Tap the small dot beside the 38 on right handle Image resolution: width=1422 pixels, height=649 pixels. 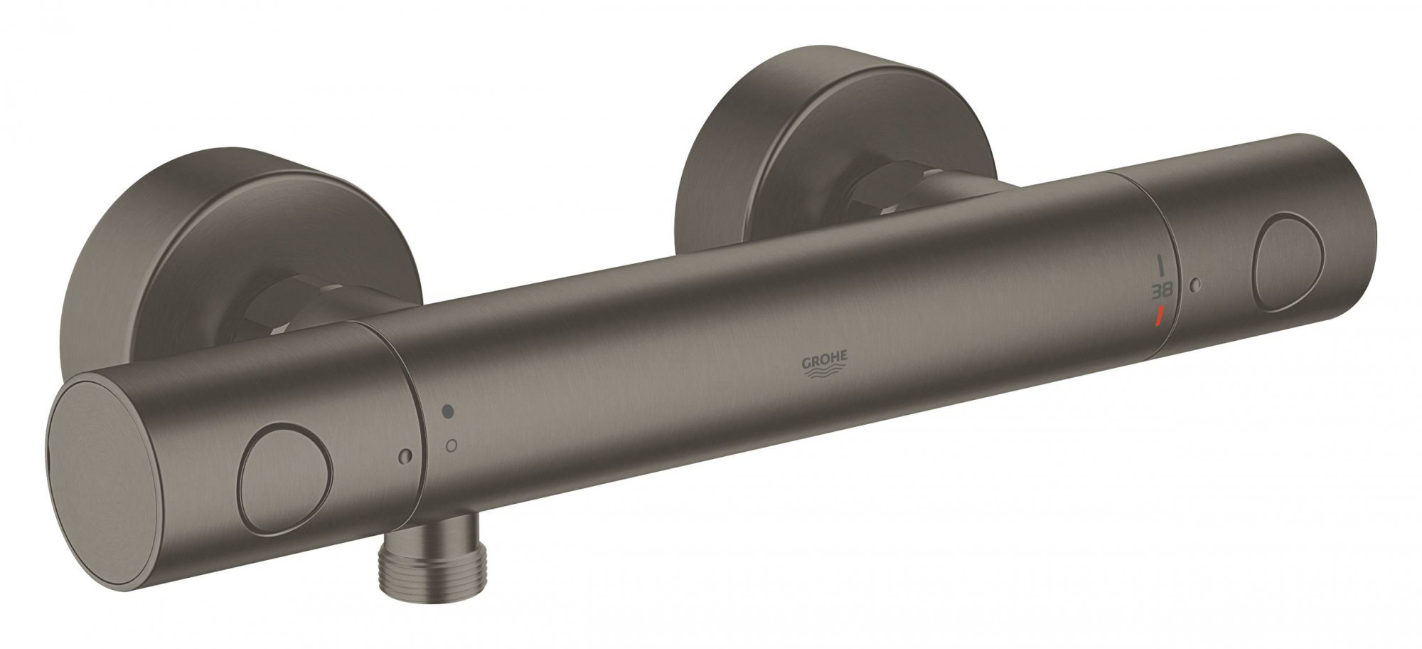pyautogui.click(x=1196, y=285)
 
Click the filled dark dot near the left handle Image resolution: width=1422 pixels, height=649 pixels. pyautogui.click(x=448, y=411)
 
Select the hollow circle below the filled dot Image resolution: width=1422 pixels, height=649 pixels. pyautogui.click(x=449, y=445)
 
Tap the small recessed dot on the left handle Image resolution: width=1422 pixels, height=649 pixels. pyautogui.click(x=405, y=455)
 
